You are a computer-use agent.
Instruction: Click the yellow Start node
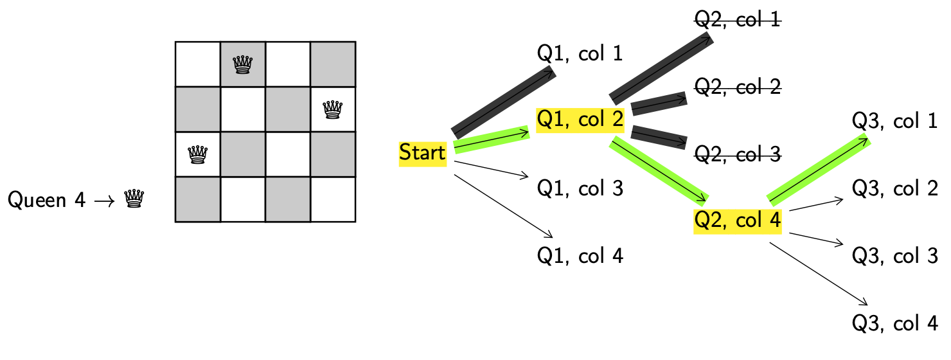pos(422,153)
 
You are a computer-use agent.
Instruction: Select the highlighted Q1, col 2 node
pos(580,120)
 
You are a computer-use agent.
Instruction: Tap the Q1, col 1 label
pos(580,53)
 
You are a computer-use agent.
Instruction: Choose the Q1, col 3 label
pos(580,188)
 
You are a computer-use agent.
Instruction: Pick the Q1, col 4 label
pos(580,256)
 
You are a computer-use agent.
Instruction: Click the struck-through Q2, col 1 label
pos(738,20)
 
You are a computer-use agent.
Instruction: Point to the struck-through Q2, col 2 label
pos(738,87)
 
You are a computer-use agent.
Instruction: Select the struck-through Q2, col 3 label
pos(738,154)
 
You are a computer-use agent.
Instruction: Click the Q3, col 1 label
pos(895,121)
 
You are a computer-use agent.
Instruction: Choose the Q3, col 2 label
pos(895,188)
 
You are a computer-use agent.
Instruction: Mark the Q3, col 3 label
pos(895,256)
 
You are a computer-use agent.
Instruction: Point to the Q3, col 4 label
pos(895,323)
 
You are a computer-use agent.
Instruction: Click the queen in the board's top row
pos(243,64)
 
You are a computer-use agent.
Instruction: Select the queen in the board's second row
pos(333,109)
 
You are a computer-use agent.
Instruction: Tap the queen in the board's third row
pos(198,154)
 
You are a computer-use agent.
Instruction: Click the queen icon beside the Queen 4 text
pos(133,199)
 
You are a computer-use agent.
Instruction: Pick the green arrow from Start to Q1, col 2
pos(492,139)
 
